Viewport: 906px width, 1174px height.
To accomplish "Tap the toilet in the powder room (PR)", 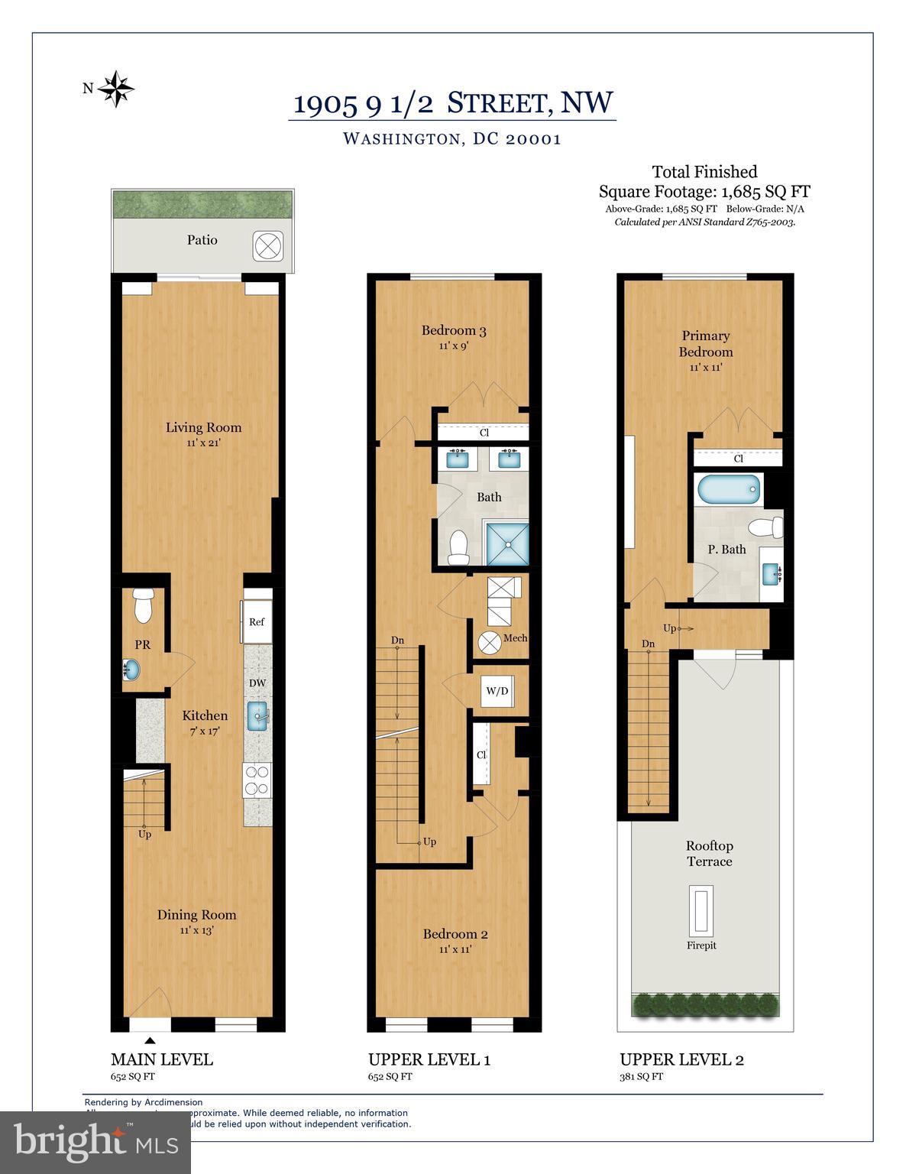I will [x=143, y=605].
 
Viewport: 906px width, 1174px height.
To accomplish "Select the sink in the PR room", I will [x=131, y=670].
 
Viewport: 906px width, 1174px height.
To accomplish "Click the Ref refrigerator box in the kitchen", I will [x=256, y=621].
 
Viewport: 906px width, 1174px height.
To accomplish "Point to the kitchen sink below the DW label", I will [x=258, y=717].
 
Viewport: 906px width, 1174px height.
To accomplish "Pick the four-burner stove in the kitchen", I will [x=257, y=780].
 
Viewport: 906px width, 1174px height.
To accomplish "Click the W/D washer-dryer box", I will [x=497, y=691].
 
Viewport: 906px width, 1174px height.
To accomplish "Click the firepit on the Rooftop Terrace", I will [x=701, y=910].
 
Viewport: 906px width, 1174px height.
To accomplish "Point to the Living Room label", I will [x=203, y=427].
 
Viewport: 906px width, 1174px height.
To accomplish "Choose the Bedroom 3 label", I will [x=454, y=330].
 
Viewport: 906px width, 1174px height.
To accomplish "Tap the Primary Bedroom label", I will [x=705, y=344].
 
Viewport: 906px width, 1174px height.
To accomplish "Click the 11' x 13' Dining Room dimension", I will [x=196, y=930].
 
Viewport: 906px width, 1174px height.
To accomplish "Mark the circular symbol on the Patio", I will [x=268, y=245].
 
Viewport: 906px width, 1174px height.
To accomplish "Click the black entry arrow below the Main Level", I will [x=150, y=1040].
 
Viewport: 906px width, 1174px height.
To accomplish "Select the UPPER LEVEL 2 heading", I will [x=681, y=1059].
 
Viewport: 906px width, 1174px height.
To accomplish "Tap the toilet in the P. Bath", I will [x=766, y=527].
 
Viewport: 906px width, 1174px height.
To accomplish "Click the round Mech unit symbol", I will [x=487, y=643].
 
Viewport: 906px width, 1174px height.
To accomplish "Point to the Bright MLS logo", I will [x=95, y=1142].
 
